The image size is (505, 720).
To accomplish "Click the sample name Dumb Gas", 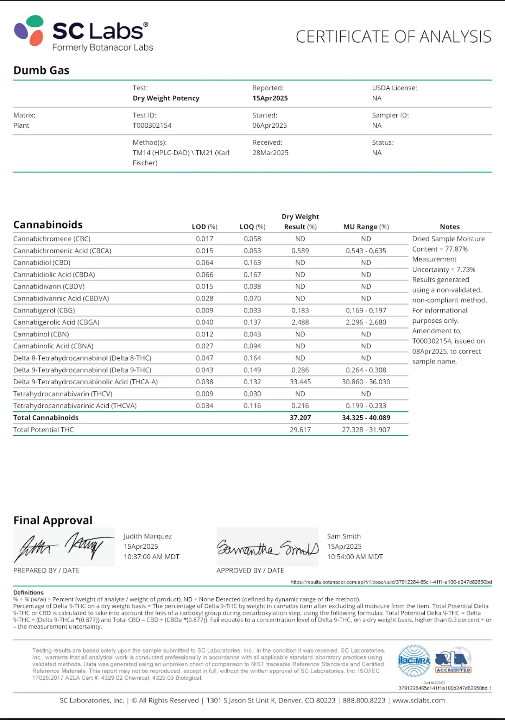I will pyautogui.click(x=41, y=70).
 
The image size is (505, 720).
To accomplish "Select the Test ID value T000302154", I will pyautogui.click(x=152, y=126).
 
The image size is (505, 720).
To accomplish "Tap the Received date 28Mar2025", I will pyautogui.click(x=270, y=153).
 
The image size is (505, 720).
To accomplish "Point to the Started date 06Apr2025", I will pyautogui.click(x=270, y=126).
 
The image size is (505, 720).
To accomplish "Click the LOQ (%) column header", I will pyautogui.click(x=252, y=227).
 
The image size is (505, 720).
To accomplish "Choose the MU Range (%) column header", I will pyautogui.click(x=366, y=227).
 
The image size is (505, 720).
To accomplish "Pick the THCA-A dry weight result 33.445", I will pyautogui.click(x=300, y=382).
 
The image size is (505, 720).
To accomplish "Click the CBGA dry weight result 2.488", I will pyautogui.click(x=300, y=322).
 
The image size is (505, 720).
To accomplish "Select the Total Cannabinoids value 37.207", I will pyautogui.click(x=300, y=418).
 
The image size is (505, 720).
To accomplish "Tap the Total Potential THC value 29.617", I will pyautogui.click(x=300, y=430).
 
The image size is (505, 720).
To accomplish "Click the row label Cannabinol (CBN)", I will pyautogui.click(x=41, y=334).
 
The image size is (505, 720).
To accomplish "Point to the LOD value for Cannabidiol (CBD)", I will pyautogui.click(x=204, y=263).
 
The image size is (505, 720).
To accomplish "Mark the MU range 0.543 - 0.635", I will pyautogui.click(x=366, y=251).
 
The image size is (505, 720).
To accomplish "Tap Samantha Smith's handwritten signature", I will pyautogui.click(x=268, y=548).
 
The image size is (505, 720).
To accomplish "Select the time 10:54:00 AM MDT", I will pyautogui.click(x=355, y=557).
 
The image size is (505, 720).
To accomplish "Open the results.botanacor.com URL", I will pyautogui.click(x=391, y=582).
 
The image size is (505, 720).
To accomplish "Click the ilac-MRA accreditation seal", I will pyautogui.click(x=414, y=661).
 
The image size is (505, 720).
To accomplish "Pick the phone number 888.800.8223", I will pyautogui.click(x=364, y=701).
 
